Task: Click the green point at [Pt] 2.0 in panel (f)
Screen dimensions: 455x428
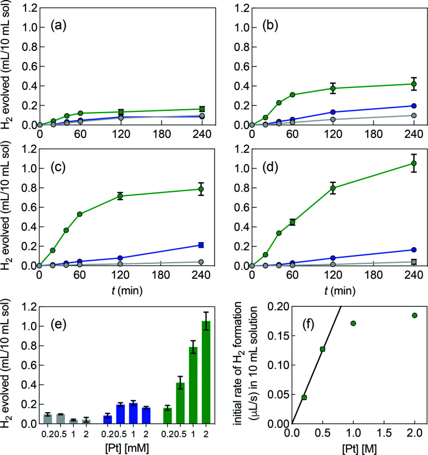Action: [x=414, y=315]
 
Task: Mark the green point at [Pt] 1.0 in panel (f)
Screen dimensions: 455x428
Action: [x=353, y=323]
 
